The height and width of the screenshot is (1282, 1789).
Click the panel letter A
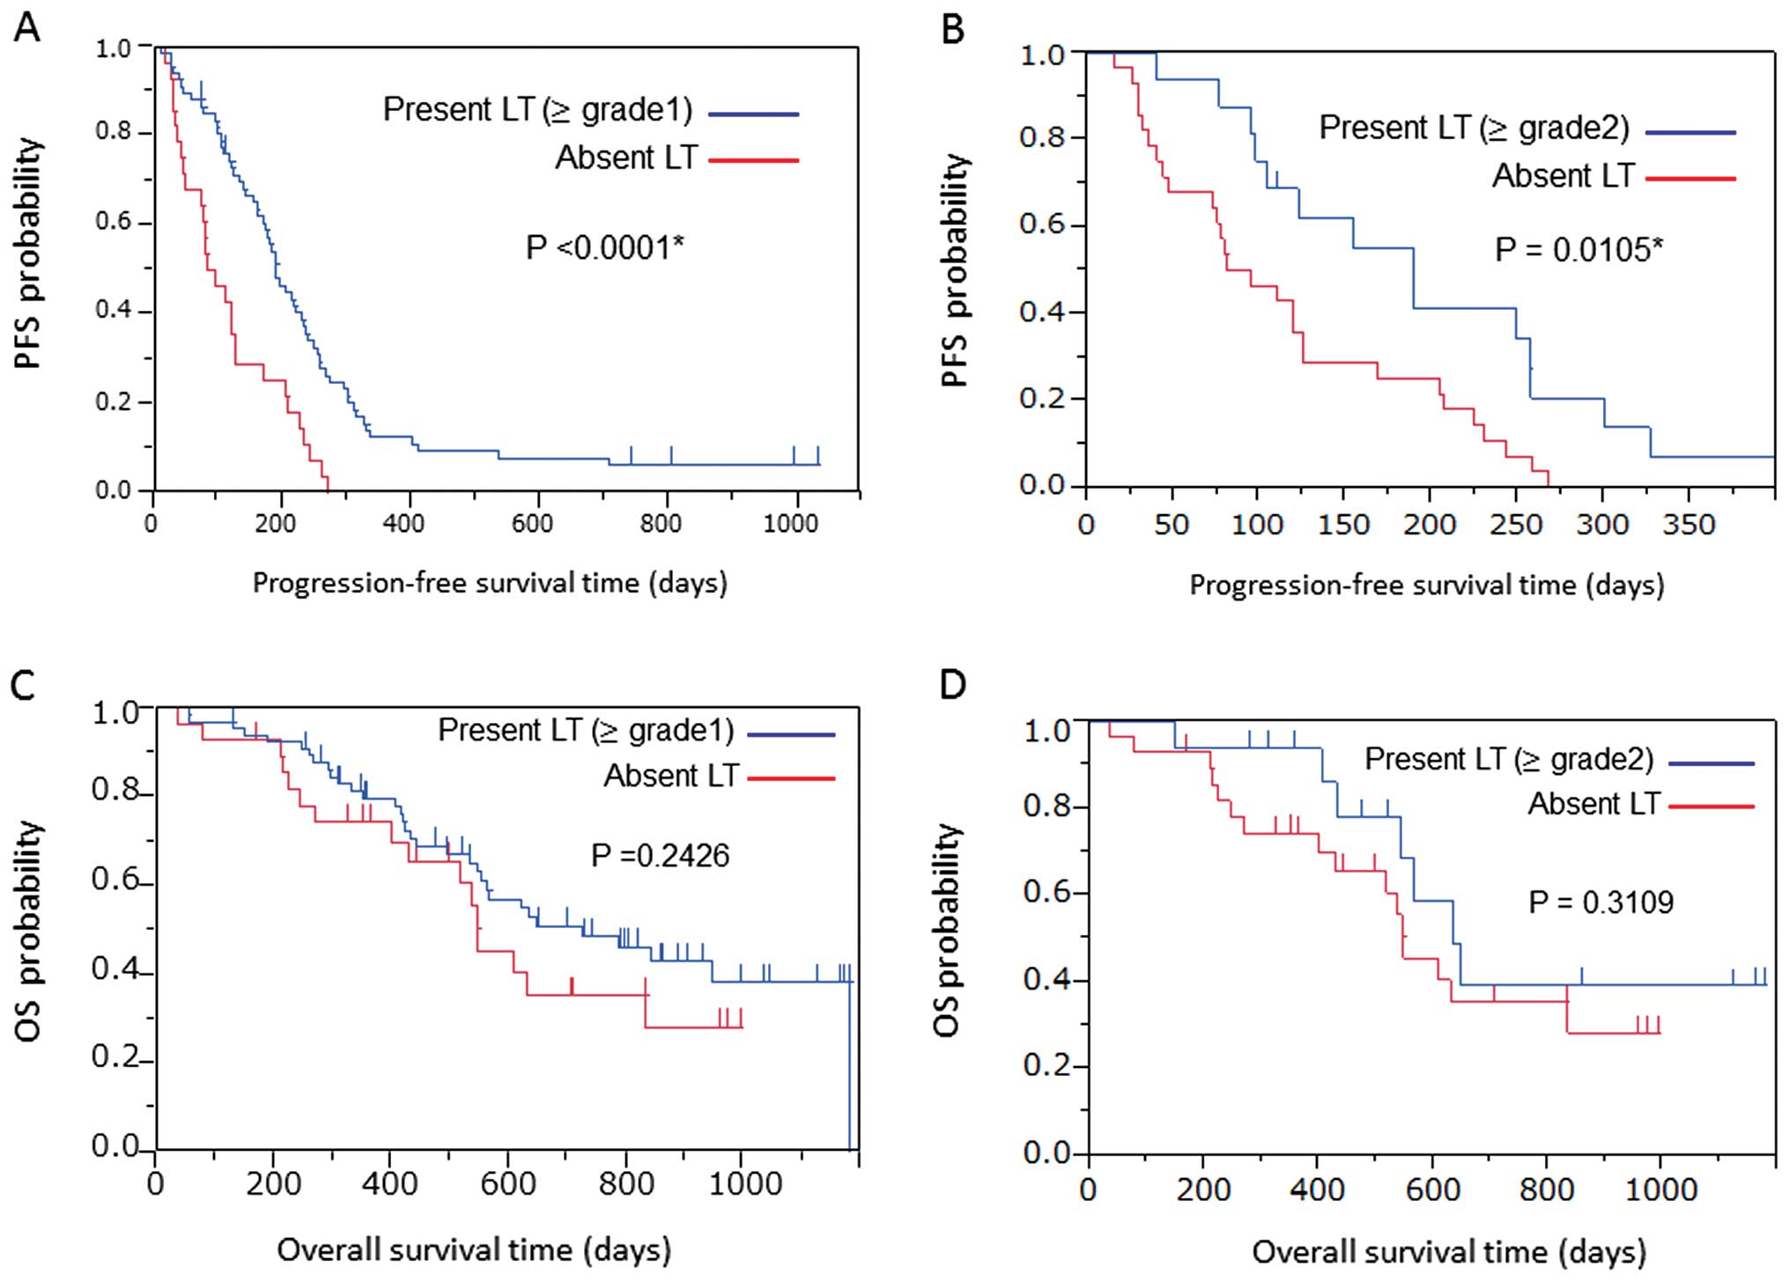(x=27, y=28)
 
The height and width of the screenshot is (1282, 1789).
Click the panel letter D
(x=953, y=684)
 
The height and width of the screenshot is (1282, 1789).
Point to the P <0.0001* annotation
(x=604, y=247)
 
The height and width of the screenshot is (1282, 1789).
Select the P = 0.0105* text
(x=1578, y=250)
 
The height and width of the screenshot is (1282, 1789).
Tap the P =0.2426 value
(x=660, y=855)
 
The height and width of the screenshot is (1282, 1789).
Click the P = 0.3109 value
(x=1600, y=902)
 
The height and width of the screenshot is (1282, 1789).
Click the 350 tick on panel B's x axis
(x=1689, y=526)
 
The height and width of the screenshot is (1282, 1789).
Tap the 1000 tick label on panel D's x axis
(x=1660, y=1190)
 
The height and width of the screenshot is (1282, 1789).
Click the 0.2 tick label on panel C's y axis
(x=116, y=1057)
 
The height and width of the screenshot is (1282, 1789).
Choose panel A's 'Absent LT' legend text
(x=626, y=158)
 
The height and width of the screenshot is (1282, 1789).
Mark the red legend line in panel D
(x=1711, y=807)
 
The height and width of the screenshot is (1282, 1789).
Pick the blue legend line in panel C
(x=790, y=733)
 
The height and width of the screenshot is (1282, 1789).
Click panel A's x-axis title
(x=490, y=583)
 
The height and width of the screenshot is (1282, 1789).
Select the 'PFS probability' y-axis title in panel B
(x=955, y=269)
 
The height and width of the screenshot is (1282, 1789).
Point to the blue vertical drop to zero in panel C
(x=850, y=1065)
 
